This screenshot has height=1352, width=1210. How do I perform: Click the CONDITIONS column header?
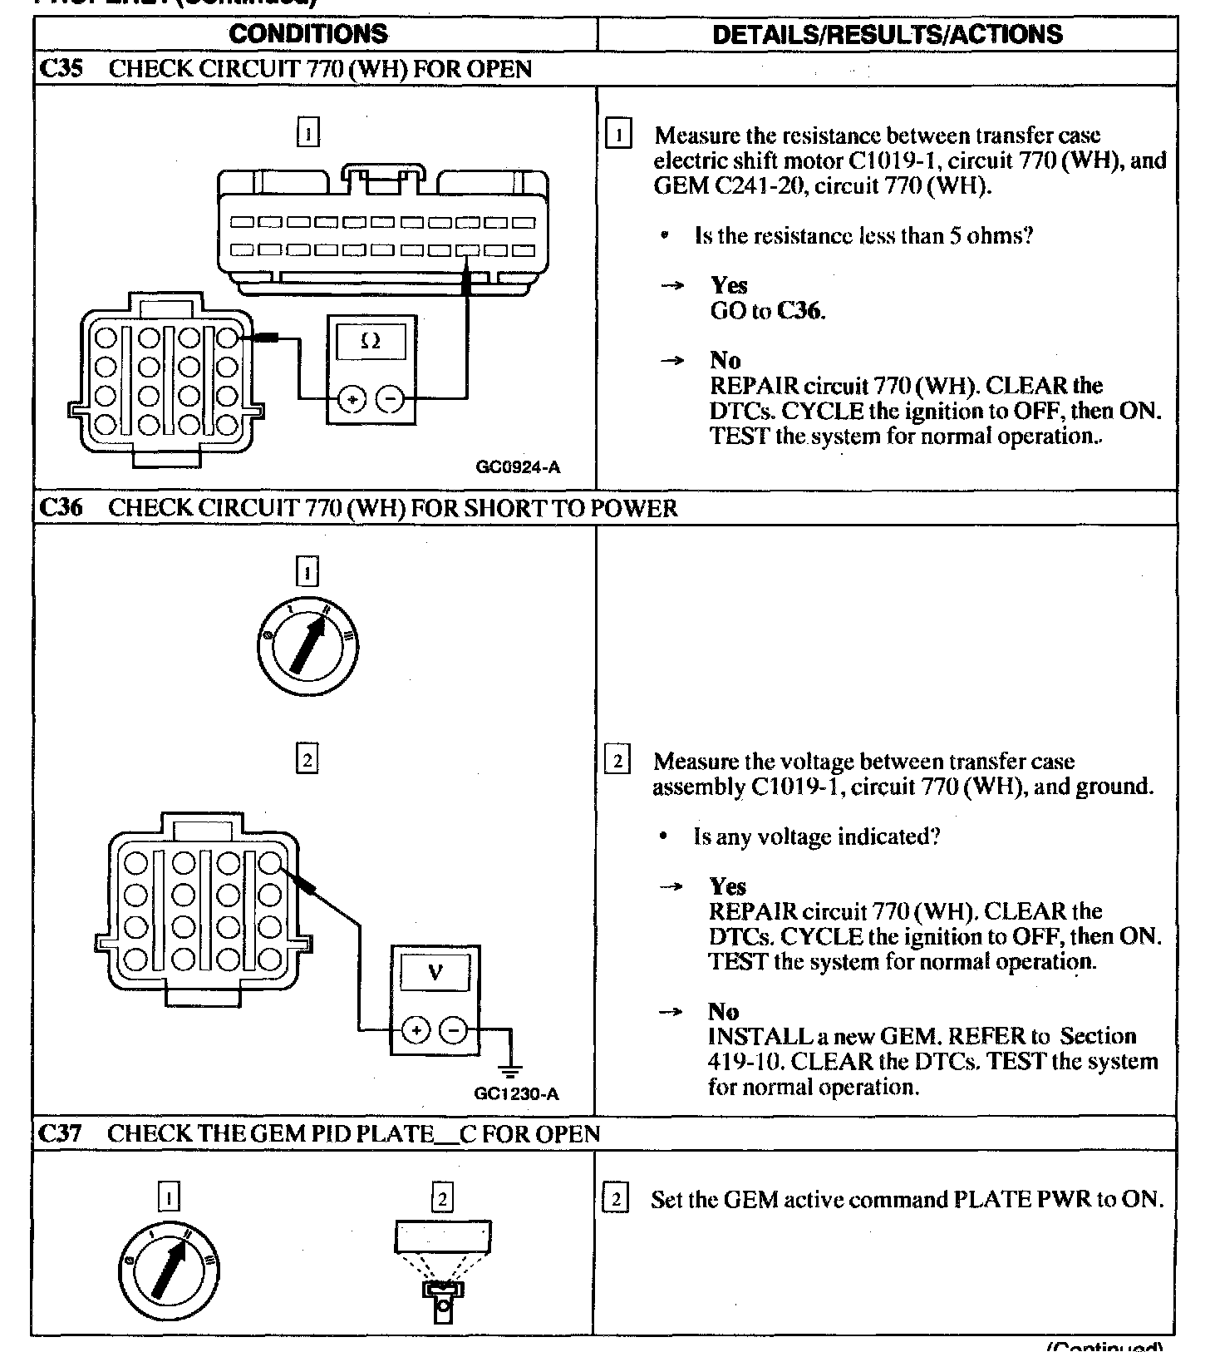click(308, 34)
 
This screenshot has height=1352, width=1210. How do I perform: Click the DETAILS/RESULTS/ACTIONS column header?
click(887, 34)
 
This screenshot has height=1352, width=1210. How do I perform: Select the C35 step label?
click(61, 68)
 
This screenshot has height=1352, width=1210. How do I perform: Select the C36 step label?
click(61, 508)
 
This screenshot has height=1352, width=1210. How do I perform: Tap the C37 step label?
click(61, 1134)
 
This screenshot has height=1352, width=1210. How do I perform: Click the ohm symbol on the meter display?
click(371, 341)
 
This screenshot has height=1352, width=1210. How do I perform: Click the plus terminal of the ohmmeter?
click(353, 400)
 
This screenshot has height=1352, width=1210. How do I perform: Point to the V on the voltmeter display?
click(435, 972)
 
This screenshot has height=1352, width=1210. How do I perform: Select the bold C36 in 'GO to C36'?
click(800, 311)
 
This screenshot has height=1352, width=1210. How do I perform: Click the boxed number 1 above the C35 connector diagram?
click(307, 132)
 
